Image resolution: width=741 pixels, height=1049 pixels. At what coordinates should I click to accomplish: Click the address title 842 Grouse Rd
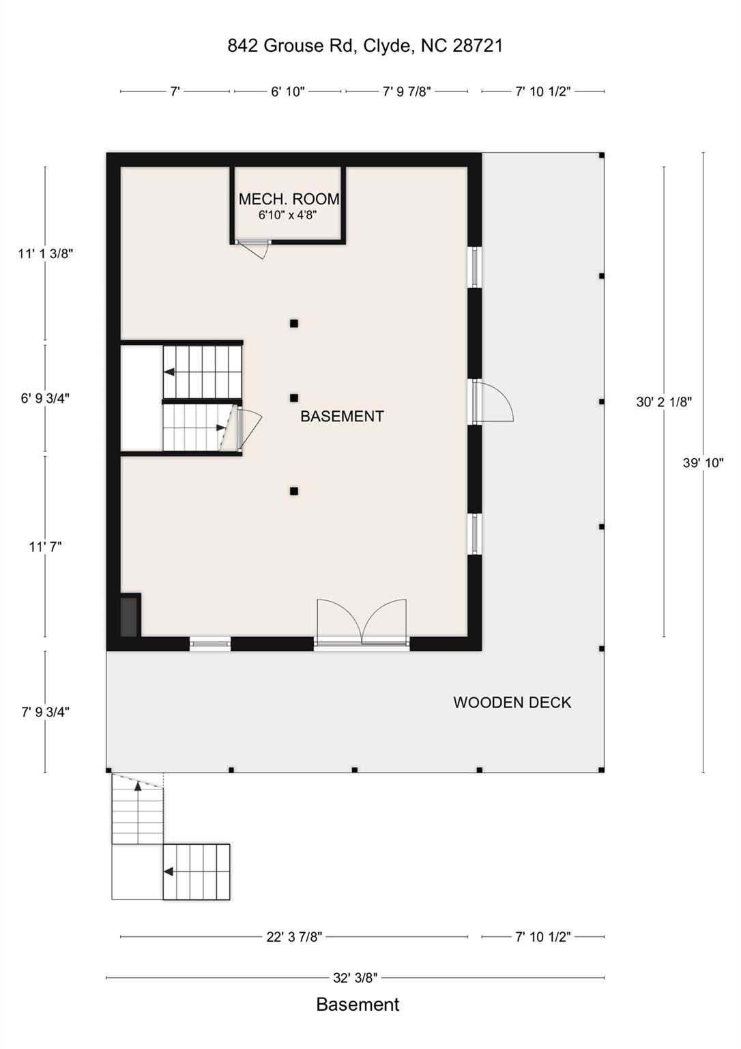click(365, 46)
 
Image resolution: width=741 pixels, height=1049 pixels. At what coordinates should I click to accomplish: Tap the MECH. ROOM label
click(289, 199)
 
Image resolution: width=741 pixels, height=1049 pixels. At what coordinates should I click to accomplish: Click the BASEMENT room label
click(342, 416)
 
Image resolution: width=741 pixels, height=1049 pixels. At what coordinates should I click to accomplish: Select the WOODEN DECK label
click(512, 702)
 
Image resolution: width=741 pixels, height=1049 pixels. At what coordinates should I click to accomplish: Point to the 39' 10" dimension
click(703, 462)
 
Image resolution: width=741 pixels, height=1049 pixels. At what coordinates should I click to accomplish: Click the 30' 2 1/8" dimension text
click(663, 402)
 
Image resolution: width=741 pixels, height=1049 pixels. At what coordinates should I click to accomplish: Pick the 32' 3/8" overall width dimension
click(355, 977)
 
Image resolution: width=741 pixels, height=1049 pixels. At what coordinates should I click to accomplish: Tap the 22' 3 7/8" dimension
click(294, 936)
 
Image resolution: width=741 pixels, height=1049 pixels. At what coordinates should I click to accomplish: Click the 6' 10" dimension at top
click(287, 92)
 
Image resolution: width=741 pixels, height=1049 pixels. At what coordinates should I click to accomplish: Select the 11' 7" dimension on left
click(45, 546)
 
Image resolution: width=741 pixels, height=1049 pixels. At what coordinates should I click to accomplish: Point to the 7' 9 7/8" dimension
click(406, 92)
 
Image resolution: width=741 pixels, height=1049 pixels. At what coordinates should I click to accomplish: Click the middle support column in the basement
click(294, 397)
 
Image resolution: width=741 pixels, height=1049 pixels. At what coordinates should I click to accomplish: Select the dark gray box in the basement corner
click(129, 616)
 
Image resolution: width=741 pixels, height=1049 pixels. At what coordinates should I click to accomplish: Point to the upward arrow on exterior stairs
click(138, 787)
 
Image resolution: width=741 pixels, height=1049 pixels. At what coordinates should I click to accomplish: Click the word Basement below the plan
click(358, 1005)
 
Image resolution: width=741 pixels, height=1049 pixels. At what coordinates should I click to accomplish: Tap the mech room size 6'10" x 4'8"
click(287, 214)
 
